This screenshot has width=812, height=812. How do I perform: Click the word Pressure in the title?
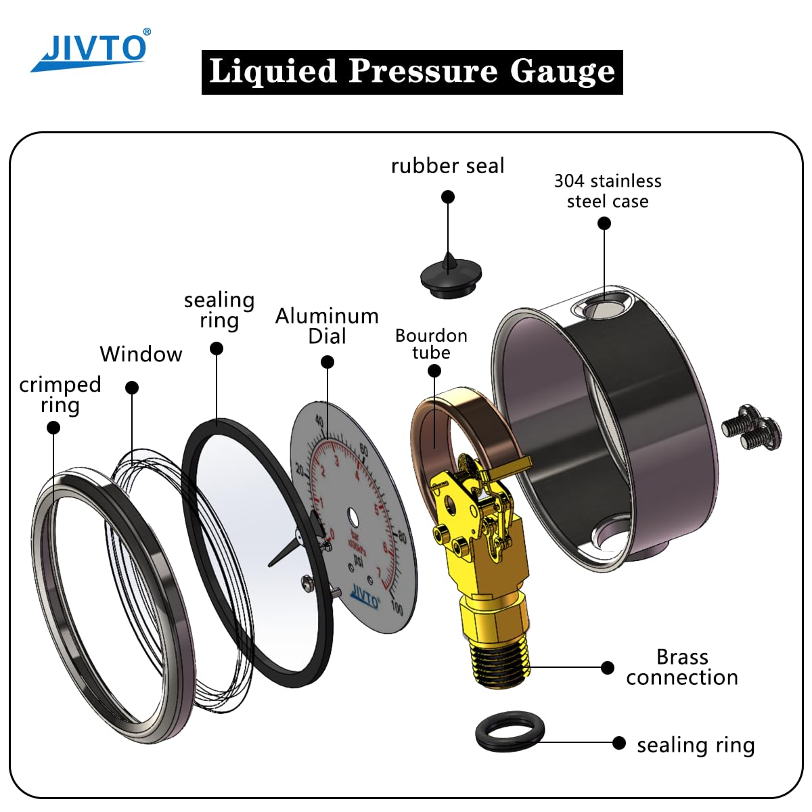pos(422,71)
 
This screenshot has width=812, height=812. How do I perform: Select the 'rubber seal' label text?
pos(447,166)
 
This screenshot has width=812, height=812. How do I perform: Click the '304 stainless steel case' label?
pos(608,191)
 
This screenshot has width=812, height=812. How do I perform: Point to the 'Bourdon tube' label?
pos(431,344)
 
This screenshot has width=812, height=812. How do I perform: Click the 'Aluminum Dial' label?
pos(327,325)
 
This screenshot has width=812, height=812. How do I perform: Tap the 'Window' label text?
pos(141,354)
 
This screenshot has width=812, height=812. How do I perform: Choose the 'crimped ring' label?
pos(60,394)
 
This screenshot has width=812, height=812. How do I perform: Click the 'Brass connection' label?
pos(681,667)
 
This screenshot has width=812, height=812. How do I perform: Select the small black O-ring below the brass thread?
pos(510,731)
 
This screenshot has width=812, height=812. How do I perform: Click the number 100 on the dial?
pos(397,608)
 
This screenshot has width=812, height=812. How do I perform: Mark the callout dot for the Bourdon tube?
pos(434,371)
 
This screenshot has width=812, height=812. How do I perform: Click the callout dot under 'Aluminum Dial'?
pos(328,362)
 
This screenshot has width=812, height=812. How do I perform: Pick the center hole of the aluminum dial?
pos(352,518)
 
